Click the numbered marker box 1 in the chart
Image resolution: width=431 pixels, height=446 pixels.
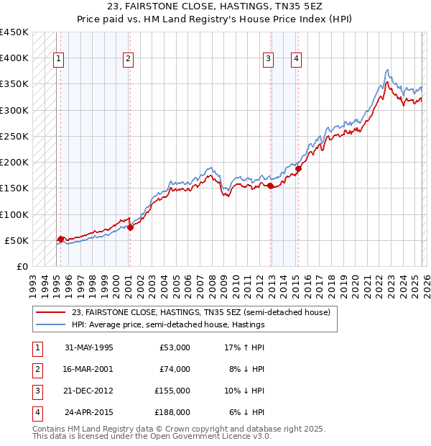(58, 60)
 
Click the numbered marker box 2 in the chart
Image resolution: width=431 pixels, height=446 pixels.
(128, 60)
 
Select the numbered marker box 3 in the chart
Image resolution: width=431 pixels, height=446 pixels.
(268, 60)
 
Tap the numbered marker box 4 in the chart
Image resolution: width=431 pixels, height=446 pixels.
(296, 60)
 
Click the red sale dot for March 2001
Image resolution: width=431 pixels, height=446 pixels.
(130, 227)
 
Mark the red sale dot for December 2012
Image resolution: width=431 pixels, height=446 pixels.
(270, 186)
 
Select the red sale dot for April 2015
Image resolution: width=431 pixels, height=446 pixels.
(297, 169)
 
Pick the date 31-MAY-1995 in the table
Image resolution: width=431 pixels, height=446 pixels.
(89, 347)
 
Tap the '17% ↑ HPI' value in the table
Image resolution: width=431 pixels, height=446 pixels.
(243, 347)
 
